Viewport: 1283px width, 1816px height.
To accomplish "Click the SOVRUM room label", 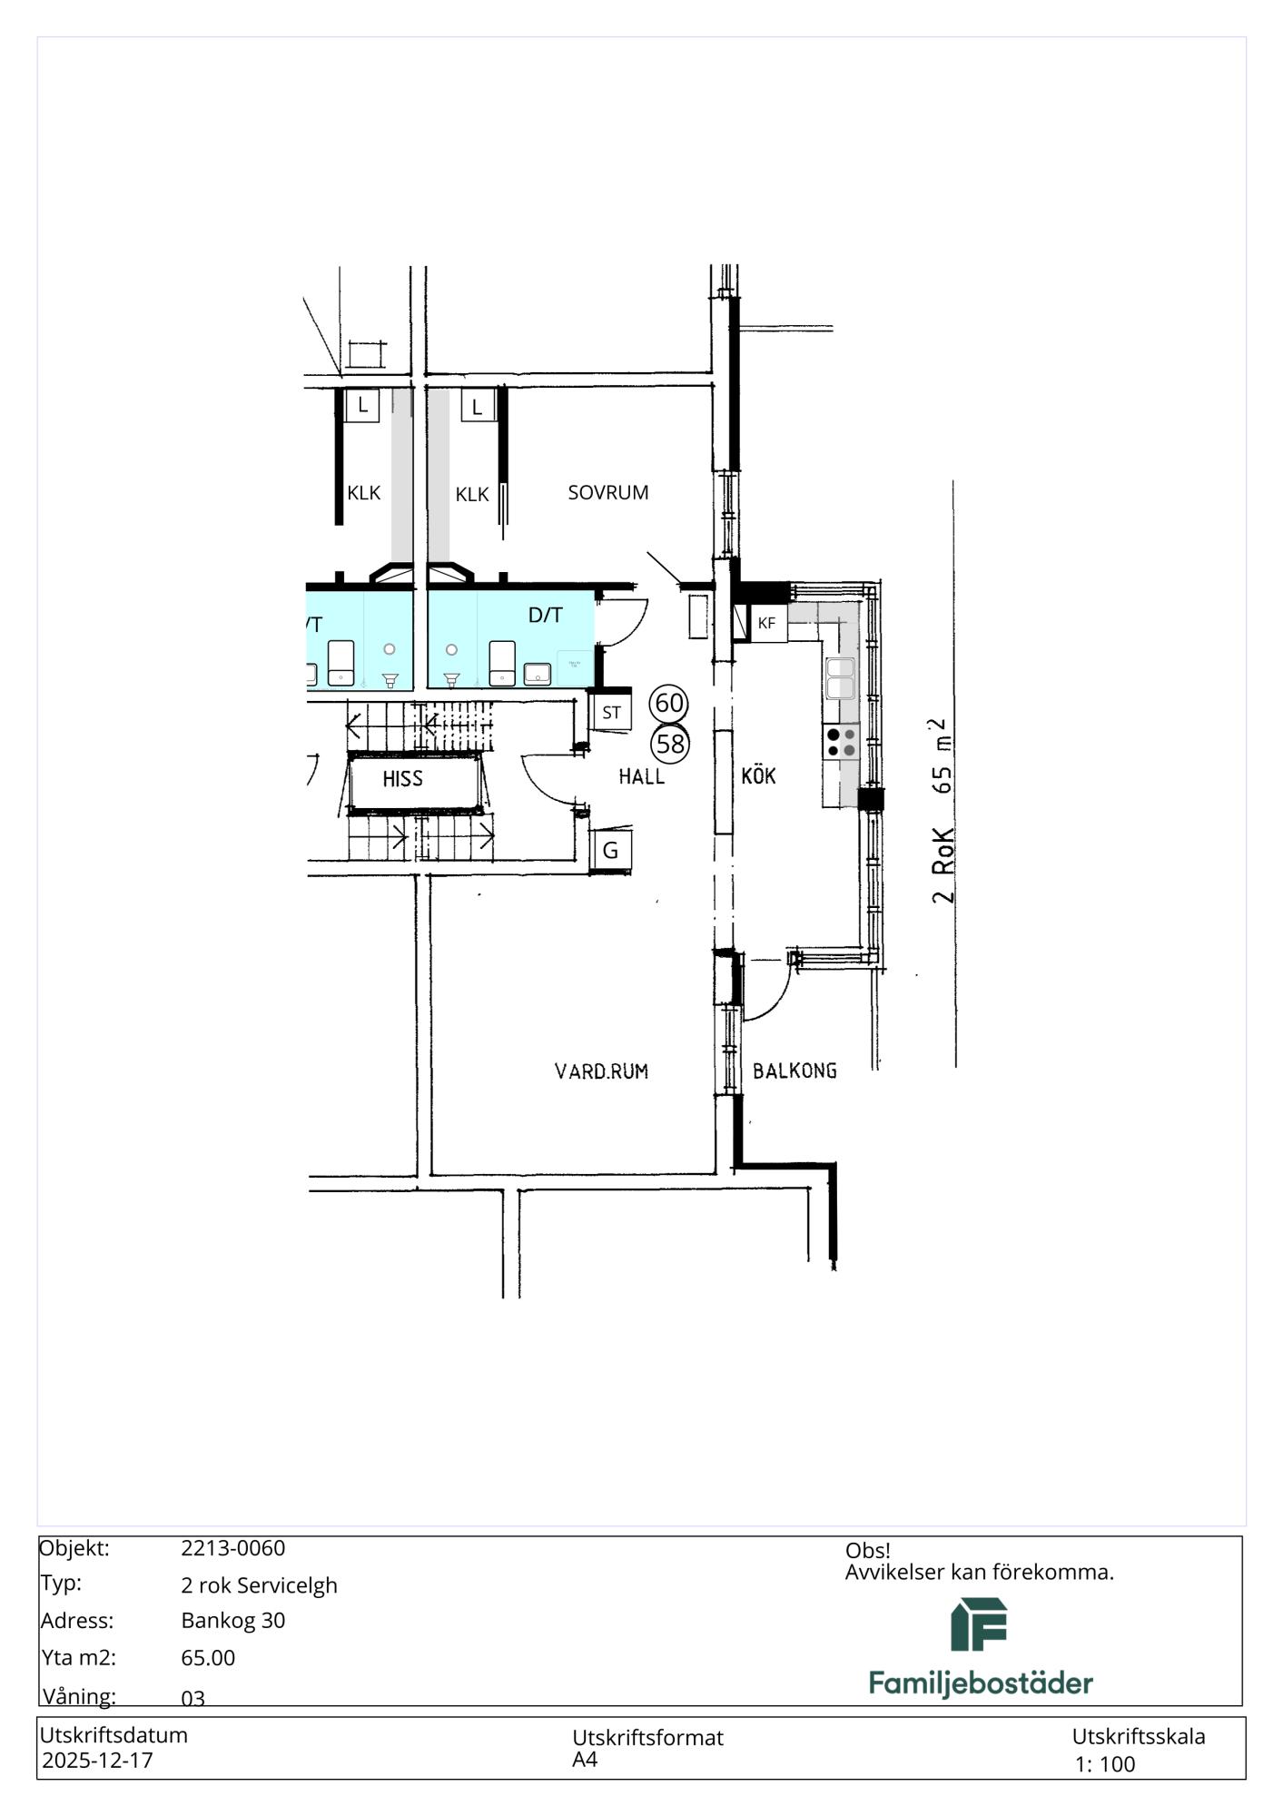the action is point(608,493).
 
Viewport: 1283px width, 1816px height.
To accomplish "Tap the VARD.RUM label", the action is point(601,1071).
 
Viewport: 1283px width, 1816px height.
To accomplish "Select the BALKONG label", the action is point(794,1071).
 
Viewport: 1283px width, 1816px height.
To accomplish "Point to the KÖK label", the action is point(759,775).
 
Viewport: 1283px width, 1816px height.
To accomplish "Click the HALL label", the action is point(642,776).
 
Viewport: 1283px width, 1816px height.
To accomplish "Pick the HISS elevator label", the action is point(402,779).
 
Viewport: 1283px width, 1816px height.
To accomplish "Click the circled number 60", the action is point(669,703).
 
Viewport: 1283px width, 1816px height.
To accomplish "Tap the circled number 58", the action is point(670,745).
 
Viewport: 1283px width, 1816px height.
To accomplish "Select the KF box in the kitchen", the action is point(767,624).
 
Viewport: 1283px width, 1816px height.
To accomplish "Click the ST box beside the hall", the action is point(611,713).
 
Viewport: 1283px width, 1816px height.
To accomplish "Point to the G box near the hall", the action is point(611,852).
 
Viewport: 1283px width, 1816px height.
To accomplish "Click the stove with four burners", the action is point(841,742).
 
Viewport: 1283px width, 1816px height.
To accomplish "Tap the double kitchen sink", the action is point(840,678).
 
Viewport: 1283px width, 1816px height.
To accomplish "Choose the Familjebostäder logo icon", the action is point(980,1624).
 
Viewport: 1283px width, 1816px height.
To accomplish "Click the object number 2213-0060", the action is point(233,1548).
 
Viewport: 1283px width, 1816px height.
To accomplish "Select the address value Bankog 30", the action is point(233,1620).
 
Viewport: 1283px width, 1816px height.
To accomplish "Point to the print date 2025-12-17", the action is point(97,1760).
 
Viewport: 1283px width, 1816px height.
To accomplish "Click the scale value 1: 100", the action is point(1105,1764).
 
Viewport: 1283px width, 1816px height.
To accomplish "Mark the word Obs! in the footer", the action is point(868,1550).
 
